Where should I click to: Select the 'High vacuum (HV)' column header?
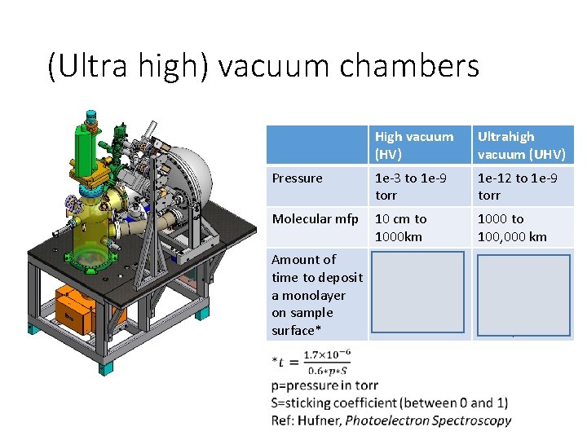click(413, 145)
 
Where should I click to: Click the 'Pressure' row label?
click(297, 178)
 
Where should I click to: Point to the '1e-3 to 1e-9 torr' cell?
click(410, 187)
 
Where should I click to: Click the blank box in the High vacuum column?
click(418, 293)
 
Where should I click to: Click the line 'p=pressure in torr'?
click(324, 385)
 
